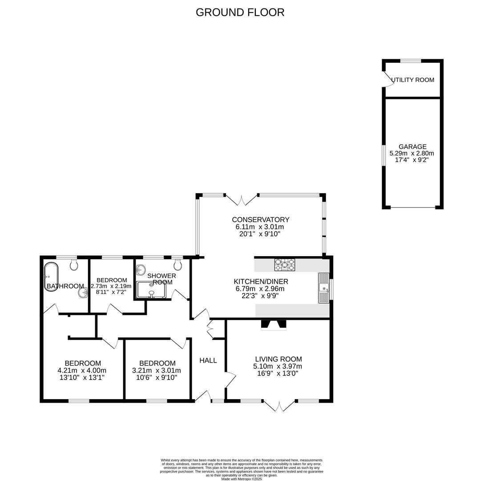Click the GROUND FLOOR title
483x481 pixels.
(x=240, y=12)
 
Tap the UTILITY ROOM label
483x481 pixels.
(x=412, y=80)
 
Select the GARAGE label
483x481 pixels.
(x=412, y=147)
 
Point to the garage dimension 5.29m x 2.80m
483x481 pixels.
(x=412, y=153)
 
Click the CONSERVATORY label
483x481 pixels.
(x=261, y=220)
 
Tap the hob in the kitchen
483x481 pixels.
(x=285, y=265)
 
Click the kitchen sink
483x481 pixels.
(x=323, y=288)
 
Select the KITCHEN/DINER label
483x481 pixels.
(x=261, y=281)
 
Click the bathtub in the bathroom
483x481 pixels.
(x=51, y=276)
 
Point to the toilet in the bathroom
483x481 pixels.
(x=74, y=265)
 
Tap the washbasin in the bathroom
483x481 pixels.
(x=83, y=293)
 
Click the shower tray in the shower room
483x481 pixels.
(x=151, y=289)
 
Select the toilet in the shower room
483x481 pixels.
(x=177, y=264)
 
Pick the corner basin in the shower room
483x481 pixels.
(x=141, y=269)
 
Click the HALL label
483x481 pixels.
(x=208, y=360)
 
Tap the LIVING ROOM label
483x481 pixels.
(x=278, y=359)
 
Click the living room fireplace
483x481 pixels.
(x=274, y=325)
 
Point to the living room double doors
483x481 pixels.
(x=279, y=406)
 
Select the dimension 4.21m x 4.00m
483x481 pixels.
(x=82, y=370)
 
